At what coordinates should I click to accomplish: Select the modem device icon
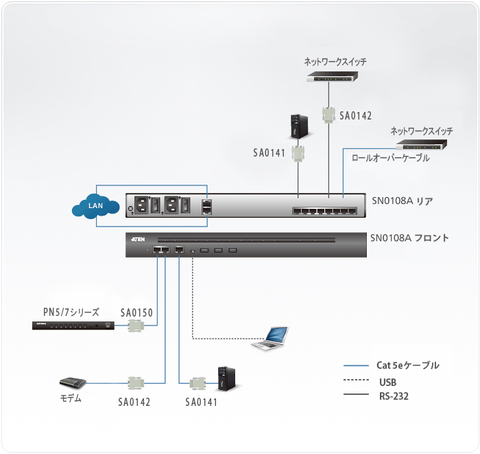(71, 383)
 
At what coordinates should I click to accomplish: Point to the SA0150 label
(136, 312)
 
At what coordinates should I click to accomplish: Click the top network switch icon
(335, 78)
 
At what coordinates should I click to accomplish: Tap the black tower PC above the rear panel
(298, 125)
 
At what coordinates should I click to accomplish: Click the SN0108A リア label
(403, 201)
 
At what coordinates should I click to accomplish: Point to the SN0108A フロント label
(409, 238)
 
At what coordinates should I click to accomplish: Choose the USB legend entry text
(387, 382)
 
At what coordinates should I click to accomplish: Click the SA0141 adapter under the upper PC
(298, 152)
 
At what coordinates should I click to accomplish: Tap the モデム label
(71, 398)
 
